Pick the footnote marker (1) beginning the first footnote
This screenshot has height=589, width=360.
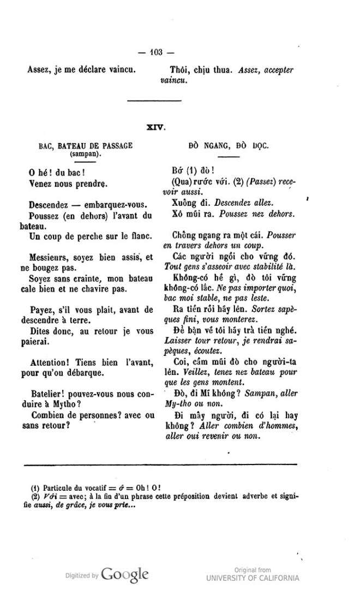click(34, 487)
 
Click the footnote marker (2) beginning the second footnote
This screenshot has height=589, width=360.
click(34, 496)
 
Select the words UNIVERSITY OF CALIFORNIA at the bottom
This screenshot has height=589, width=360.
click(253, 578)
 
